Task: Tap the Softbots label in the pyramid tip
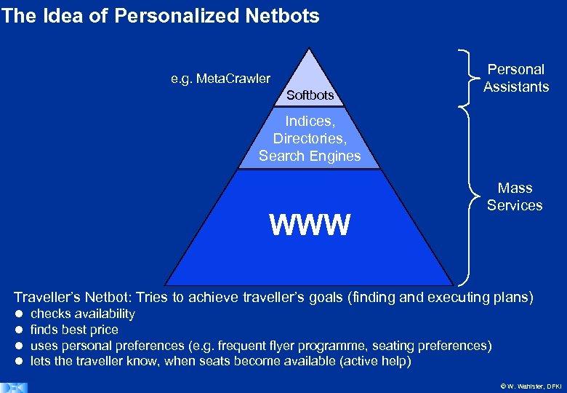310,95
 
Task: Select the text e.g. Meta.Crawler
220,79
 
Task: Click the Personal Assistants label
515,78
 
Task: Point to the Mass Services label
515,196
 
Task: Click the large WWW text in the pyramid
310,225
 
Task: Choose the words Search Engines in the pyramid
310,156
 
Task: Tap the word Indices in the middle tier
308,121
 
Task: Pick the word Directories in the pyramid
308,138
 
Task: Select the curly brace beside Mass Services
465,196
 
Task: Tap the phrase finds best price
74,330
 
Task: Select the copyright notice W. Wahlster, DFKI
523,386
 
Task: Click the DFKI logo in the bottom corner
15,387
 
